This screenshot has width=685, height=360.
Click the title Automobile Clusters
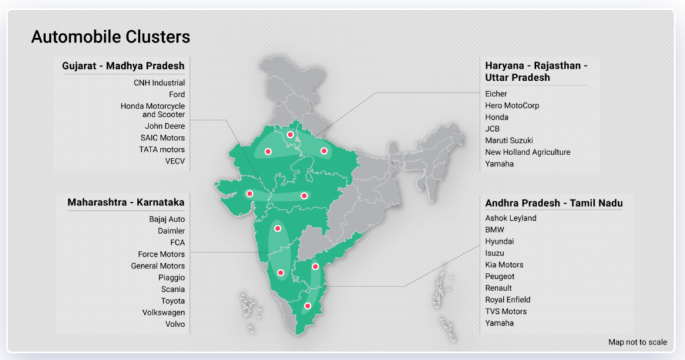(x=110, y=37)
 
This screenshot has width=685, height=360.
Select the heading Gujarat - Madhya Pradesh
(x=123, y=66)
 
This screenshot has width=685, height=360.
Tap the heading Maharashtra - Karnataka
(x=126, y=202)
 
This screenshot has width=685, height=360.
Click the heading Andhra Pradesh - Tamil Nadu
(x=554, y=203)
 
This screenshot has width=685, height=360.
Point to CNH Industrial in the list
(x=159, y=83)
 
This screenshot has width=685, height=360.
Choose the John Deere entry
(x=165, y=126)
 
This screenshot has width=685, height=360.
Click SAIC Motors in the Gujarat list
(x=163, y=138)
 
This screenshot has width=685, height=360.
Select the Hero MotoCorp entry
(x=512, y=106)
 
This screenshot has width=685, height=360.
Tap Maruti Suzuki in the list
(x=509, y=141)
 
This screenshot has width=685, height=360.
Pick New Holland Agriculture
(x=527, y=153)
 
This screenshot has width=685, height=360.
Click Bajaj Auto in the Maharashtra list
(x=167, y=219)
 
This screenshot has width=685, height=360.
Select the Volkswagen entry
(x=163, y=312)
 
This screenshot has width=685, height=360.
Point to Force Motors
(x=161, y=254)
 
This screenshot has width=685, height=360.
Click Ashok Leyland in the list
(x=510, y=218)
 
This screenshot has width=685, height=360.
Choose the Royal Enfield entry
(x=508, y=300)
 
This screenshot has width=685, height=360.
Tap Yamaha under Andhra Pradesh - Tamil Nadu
(x=499, y=323)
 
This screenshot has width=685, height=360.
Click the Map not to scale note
(x=637, y=343)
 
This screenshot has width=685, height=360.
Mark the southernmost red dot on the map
(x=308, y=306)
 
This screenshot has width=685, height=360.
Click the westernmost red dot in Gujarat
(x=250, y=194)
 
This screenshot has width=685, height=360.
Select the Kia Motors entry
(x=504, y=265)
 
